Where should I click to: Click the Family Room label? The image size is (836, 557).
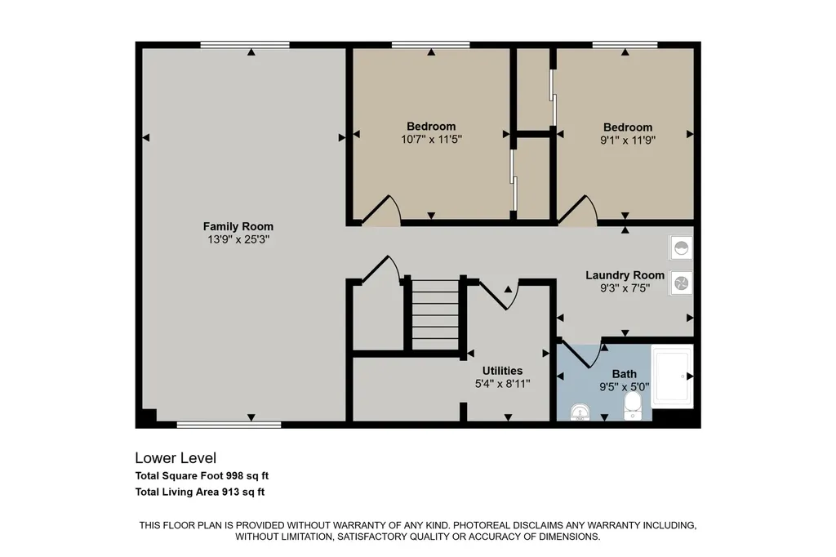tap(238, 227)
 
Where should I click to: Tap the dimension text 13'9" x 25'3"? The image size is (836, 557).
tap(238, 240)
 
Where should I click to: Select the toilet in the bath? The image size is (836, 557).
tap(634, 407)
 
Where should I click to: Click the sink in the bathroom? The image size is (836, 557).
tap(580, 412)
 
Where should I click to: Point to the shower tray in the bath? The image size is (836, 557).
tap(673, 377)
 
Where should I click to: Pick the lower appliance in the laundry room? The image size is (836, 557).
tap(682, 283)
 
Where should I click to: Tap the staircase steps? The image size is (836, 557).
tap(436, 314)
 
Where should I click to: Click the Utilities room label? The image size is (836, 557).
tap(502, 371)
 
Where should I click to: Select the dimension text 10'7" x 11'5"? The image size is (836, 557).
tap(431, 140)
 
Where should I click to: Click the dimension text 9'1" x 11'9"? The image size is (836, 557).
tap(628, 140)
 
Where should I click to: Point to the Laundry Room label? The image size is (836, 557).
tap(625, 275)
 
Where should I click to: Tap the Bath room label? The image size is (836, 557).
tap(624, 374)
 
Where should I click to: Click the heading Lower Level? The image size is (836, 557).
tap(176, 457)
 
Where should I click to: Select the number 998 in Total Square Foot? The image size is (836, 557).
tap(235, 475)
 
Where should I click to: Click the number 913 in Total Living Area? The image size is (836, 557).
tap(231, 492)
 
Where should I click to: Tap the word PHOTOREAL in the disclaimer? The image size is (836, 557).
tap(486, 525)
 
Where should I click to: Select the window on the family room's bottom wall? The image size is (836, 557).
tap(229, 425)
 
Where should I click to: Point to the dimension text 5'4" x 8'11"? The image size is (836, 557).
tap(502, 384)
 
